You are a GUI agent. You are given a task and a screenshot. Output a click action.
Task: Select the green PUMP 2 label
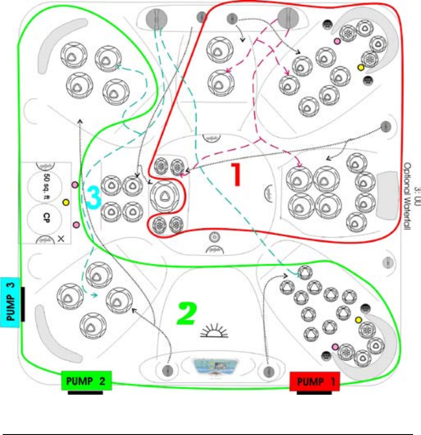86,381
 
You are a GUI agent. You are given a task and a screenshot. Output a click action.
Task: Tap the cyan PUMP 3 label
11,298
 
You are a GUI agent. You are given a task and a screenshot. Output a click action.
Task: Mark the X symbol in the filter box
61,239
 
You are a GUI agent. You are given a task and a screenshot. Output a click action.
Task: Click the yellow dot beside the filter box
66,202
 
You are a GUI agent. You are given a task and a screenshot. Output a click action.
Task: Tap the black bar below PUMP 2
85,393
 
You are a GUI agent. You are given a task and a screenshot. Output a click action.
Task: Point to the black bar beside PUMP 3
23,304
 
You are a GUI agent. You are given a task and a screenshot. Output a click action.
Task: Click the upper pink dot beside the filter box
75,184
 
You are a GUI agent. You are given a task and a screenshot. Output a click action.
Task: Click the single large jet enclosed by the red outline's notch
164,196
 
